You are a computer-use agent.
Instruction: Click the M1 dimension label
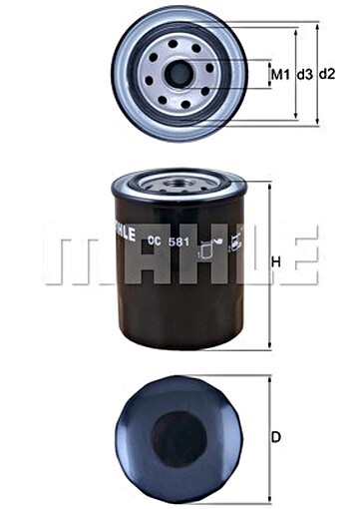pos(278,75)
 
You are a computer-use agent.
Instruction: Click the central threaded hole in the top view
pos(180,73)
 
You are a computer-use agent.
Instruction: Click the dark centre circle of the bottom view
pos(179,438)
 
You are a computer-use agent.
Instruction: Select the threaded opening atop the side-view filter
pos(179,184)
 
